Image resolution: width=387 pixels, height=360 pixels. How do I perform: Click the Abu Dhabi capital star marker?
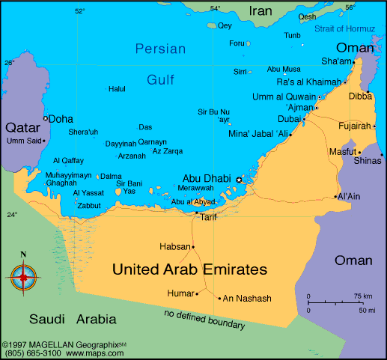point(240,180)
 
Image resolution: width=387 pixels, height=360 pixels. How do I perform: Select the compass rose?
point(23,277)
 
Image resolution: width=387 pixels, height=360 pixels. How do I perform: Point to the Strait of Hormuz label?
point(343,28)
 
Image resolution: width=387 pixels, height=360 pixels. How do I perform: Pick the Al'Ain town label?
point(349,197)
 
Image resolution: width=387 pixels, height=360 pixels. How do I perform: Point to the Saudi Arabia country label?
point(73,320)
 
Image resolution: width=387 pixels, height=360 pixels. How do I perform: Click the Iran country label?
point(260,11)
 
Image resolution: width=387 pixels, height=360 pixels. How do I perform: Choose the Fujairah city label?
point(356,126)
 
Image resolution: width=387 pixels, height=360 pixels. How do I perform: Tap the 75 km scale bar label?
point(364,296)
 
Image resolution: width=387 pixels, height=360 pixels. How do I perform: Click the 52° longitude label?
point(79,10)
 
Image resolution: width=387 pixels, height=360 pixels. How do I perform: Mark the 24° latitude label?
point(12,215)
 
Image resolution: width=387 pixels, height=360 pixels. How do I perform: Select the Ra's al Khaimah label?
point(308,82)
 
